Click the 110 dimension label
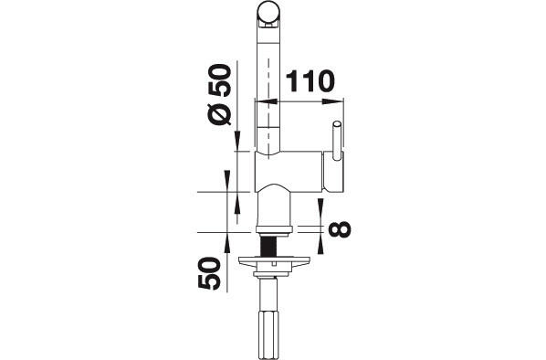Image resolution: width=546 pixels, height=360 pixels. coord(310,81)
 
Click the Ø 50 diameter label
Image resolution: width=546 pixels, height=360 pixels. coord(219,94)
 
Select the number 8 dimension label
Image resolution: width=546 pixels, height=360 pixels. coord(339,229)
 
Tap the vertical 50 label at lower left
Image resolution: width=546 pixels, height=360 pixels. coord(209,273)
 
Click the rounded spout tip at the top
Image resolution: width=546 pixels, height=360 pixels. coord(268,14)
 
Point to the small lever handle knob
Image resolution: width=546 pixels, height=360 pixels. coord(337,141)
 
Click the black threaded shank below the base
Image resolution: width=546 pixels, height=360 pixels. coord(268,247)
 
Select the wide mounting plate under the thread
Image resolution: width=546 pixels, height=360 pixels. coord(274,260)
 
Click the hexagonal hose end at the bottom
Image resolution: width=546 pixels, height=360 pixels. coord(268,333)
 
